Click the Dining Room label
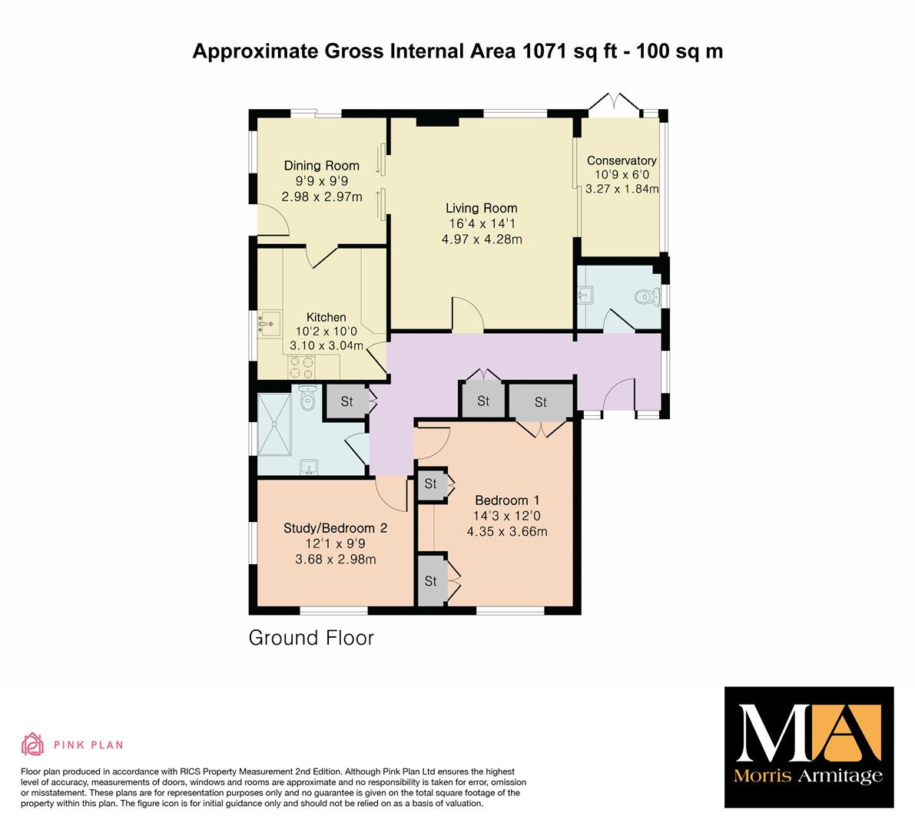pyautogui.click(x=322, y=166)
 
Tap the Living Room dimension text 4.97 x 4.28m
pyautogui.click(x=482, y=239)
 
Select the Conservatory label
pyautogui.click(x=622, y=160)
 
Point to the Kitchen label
pyautogui.click(x=327, y=317)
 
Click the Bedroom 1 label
pyautogui.click(x=507, y=500)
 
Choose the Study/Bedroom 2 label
pyautogui.click(x=336, y=528)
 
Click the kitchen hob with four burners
pyautogui.click(x=301, y=367)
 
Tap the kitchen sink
pyautogui.click(x=269, y=323)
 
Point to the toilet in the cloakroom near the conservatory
pyautogui.click(x=647, y=297)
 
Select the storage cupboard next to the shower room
pyautogui.click(x=346, y=401)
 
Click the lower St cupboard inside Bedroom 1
pyautogui.click(x=432, y=580)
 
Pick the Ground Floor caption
pyautogui.click(x=311, y=638)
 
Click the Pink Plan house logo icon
pyautogui.click(x=33, y=744)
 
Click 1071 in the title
pyautogui.click(x=545, y=51)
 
